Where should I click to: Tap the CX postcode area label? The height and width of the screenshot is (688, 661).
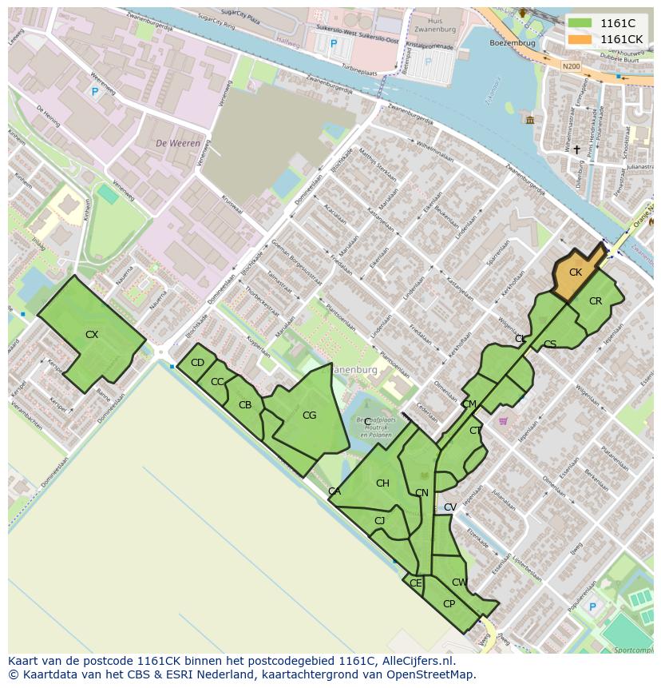[92, 335]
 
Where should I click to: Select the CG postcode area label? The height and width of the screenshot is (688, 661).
[309, 415]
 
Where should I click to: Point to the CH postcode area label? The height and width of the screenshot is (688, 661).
[382, 483]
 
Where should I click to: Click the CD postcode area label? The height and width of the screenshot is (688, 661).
[197, 363]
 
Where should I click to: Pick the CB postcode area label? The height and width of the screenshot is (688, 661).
[245, 405]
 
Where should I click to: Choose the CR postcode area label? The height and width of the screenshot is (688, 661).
[596, 301]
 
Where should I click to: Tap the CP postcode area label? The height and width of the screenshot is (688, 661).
[449, 604]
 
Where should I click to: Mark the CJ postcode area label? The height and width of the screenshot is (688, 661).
[379, 521]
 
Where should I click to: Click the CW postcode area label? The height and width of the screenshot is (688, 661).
[459, 583]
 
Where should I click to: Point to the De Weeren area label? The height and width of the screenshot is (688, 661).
[177, 144]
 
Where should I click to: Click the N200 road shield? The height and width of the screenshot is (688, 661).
[571, 67]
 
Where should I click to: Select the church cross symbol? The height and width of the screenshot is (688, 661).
[576, 149]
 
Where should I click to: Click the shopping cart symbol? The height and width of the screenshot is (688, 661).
[503, 421]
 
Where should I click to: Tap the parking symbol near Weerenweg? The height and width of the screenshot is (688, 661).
[95, 93]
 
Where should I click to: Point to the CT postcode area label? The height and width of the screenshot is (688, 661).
[475, 431]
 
